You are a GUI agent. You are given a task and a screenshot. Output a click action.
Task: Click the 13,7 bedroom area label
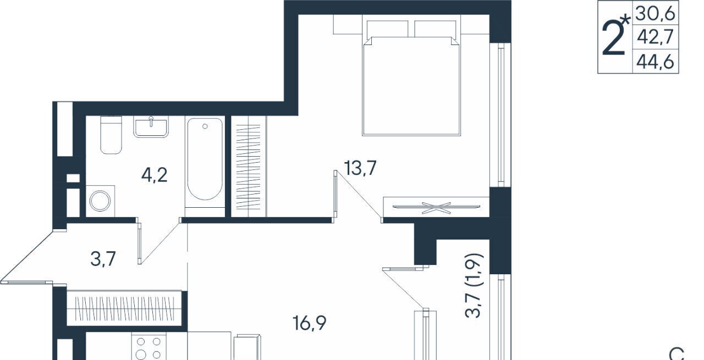[x=360, y=168]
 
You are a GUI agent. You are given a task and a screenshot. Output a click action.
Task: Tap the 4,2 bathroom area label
[x=155, y=175]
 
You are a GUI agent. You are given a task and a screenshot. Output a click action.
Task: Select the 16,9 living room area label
[x=309, y=323]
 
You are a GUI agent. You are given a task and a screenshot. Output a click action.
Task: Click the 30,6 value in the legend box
[x=656, y=14]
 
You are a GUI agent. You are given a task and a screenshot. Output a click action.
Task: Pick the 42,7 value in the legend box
[x=656, y=37]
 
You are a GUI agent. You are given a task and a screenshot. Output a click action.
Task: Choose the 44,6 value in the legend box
[x=656, y=62]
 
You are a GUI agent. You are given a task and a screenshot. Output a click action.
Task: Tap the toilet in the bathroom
[x=111, y=135]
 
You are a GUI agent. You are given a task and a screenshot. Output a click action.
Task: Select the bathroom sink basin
[x=151, y=126]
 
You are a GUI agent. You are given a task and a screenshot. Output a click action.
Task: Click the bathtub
[x=205, y=159]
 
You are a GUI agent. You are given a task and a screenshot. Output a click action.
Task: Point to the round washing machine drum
[x=100, y=201]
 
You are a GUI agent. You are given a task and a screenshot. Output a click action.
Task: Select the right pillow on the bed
[x=435, y=29]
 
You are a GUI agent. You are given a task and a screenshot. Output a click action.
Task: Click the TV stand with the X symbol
[x=436, y=207]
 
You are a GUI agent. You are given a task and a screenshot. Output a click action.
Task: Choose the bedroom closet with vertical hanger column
[x=249, y=167]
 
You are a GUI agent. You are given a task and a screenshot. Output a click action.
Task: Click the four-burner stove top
[x=148, y=348]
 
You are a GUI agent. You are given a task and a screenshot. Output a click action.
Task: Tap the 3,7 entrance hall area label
[x=103, y=259]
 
